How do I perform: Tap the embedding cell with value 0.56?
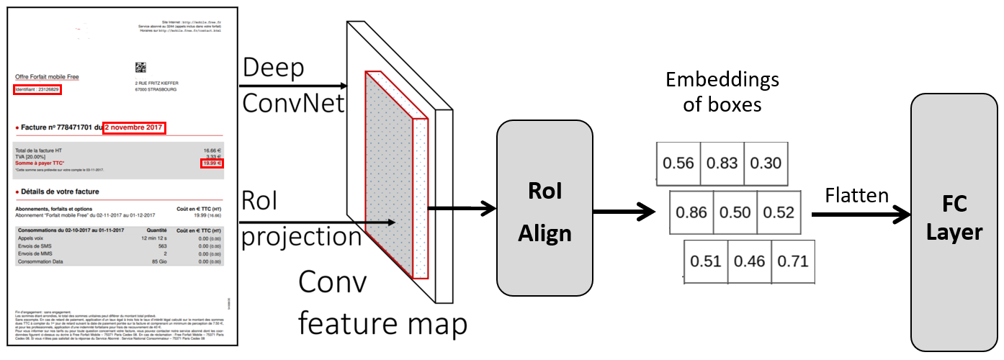(678, 163)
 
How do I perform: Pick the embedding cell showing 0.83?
(722, 163)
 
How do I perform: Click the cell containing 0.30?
(765, 163)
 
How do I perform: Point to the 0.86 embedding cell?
(692, 212)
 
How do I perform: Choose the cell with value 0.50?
(735, 212)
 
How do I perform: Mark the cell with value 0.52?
(779, 212)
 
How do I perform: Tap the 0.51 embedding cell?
(705, 261)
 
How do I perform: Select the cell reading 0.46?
(749, 261)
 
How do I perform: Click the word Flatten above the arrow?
(857, 195)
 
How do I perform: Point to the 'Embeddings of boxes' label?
(722, 91)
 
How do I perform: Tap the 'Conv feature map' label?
(382, 302)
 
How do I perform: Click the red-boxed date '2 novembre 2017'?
(135, 128)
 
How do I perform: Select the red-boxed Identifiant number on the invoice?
(37, 90)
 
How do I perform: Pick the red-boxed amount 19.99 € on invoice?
(212, 163)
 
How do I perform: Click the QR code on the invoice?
(140, 68)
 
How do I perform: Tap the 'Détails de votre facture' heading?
(60, 192)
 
